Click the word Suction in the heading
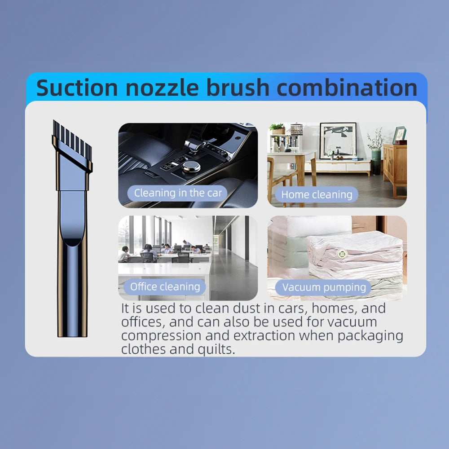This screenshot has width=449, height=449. pyautogui.click(x=77, y=88)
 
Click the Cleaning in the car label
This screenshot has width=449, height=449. pyautogui.click(x=178, y=194)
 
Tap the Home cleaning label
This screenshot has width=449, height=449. pyautogui.click(x=317, y=195)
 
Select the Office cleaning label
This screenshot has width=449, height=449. pyautogui.click(x=165, y=286)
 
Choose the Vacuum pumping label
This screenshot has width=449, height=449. pyautogui.click(x=324, y=287)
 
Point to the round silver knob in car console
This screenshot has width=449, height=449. pyautogui.click(x=191, y=166)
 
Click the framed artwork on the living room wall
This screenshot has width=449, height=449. pyautogui.click(x=338, y=141)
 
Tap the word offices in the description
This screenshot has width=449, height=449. pyautogui.click(x=141, y=322)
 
